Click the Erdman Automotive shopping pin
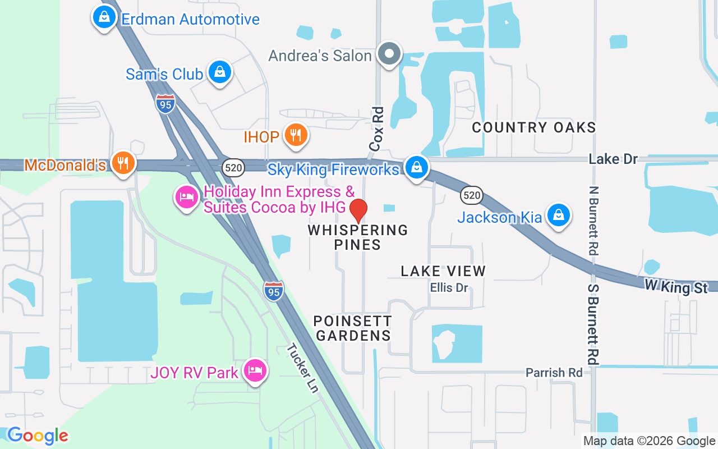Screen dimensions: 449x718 coord(104,17)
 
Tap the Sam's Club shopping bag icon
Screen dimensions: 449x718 coord(220,72)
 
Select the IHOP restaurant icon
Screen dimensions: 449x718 coord(296,135)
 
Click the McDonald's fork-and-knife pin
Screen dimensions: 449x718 coord(122,163)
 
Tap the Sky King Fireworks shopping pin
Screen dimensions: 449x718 coord(416,167)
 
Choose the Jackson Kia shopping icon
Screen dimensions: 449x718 coord(559,215)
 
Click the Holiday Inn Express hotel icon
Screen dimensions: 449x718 coord(187,197)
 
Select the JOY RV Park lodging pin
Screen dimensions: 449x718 coord(255,370)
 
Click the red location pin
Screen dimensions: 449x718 coord(358,211)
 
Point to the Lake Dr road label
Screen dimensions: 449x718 coord(613,159)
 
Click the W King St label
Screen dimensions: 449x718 coord(676,287)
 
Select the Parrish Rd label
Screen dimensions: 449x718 coord(554,373)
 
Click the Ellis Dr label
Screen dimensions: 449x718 coord(449,288)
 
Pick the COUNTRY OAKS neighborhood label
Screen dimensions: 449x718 coord(533,127)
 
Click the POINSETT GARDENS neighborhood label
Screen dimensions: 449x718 coord(352,328)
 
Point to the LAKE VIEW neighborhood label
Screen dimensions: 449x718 coord(443,271)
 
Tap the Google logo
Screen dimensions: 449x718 coord(38,436)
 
